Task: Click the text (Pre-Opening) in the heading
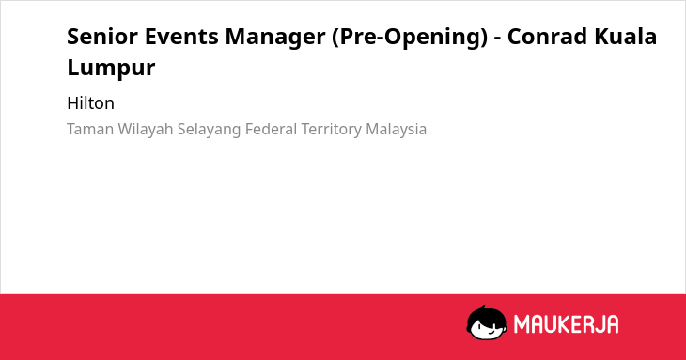pos(409,38)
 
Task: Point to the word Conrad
pos(547,37)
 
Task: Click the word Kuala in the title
pos(625,37)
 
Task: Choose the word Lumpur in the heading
pos(111,68)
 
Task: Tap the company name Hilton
pos(90,103)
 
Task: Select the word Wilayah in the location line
pos(146,130)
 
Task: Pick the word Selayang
pos(210,130)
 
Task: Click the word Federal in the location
pos(272,130)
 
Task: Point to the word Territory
pos(332,130)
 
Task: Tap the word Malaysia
pos(396,130)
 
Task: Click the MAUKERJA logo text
pos(566,324)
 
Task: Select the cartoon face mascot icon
pos(487,322)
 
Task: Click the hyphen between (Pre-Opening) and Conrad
pos(497,39)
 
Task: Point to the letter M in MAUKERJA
pos(522,324)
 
